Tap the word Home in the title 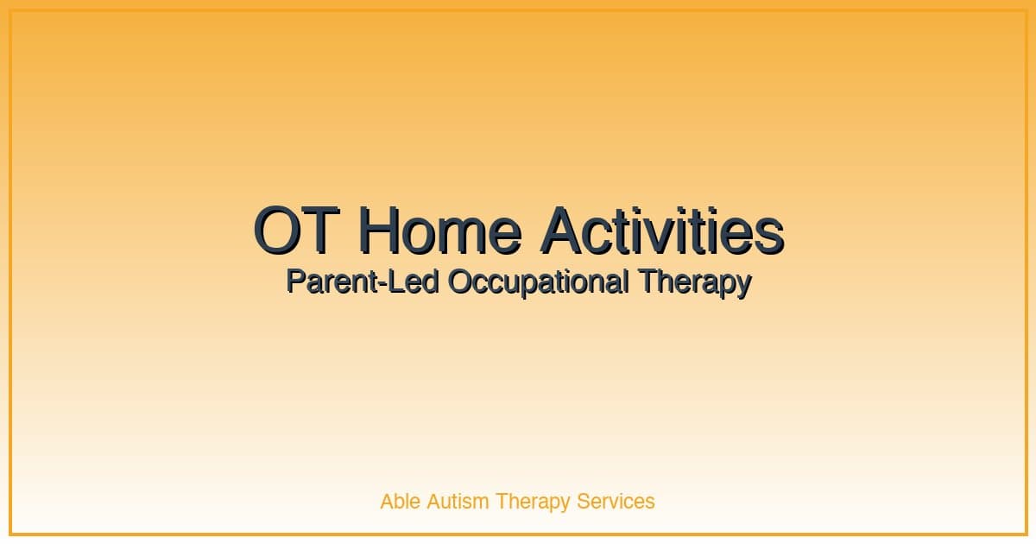pos(439,231)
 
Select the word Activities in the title pos(662,231)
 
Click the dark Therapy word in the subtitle pos(695,283)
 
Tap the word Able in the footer pos(399,501)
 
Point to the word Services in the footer pos(616,501)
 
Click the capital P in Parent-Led pos(294,281)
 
